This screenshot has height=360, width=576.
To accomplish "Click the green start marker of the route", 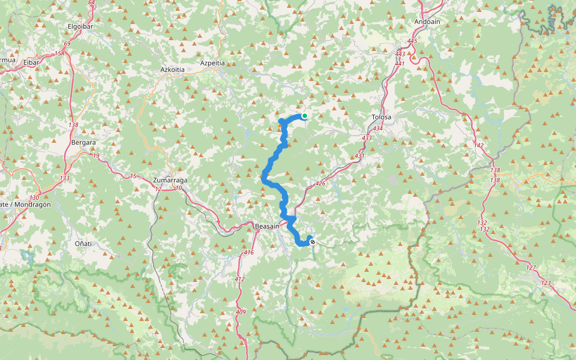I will tap(305, 116).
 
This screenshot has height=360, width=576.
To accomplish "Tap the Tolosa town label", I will tap(382, 117).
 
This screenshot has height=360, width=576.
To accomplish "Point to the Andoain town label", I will tap(427, 22).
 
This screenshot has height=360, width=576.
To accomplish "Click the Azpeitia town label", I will tap(212, 63).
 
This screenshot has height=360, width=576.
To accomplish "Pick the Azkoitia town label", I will tap(172, 70).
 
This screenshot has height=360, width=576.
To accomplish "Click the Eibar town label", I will tap(31, 62).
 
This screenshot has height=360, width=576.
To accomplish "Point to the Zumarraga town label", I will tap(171, 180).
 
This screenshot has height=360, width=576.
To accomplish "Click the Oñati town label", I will tap(83, 244).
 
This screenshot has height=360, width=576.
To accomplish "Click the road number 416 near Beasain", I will tap(249, 253).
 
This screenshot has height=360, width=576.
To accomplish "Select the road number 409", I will tap(241, 312).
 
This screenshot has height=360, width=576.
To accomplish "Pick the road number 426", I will tap(320, 184).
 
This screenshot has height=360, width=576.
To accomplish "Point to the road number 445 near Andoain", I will tap(412, 41).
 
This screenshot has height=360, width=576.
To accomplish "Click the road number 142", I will tap(478, 146).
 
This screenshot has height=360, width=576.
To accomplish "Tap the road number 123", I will tap(545, 283).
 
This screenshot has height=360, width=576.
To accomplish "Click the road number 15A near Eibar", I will tap(59, 53).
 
